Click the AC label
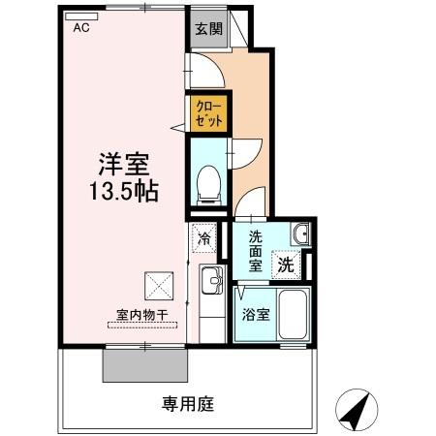point(80,28)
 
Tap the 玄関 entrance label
point(207,28)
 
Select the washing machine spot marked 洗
point(286,262)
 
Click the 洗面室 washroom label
point(256,251)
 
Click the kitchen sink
point(210,283)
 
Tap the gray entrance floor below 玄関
point(207,46)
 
